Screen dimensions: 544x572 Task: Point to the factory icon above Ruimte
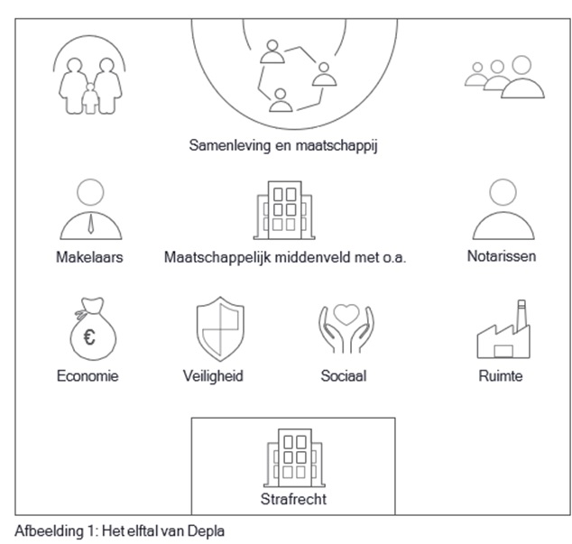[500, 331]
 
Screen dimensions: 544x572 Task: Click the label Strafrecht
[291, 498]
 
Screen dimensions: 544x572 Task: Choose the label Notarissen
[501, 256]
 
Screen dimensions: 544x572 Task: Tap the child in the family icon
[89, 97]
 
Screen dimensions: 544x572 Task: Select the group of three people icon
[504, 78]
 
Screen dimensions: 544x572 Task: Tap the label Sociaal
[343, 375]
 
